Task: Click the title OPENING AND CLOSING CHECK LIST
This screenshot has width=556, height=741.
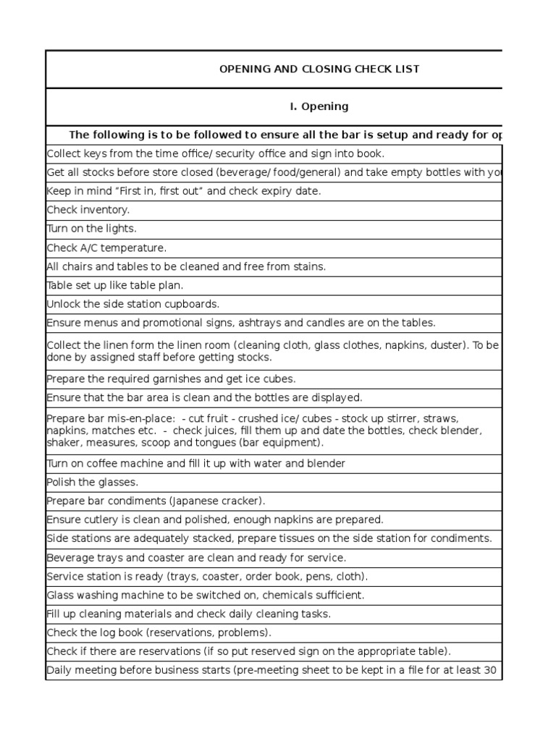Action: coord(319,69)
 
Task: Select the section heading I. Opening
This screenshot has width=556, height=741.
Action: coord(319,106)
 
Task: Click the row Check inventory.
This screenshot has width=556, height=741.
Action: coord(88,210)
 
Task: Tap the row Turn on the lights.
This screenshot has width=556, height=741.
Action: coord(91,229)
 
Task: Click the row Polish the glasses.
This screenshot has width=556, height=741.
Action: coord(92,482)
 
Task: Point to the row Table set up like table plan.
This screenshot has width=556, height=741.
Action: coord(115,285)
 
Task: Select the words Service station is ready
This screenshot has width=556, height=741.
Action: coord(104,576)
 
